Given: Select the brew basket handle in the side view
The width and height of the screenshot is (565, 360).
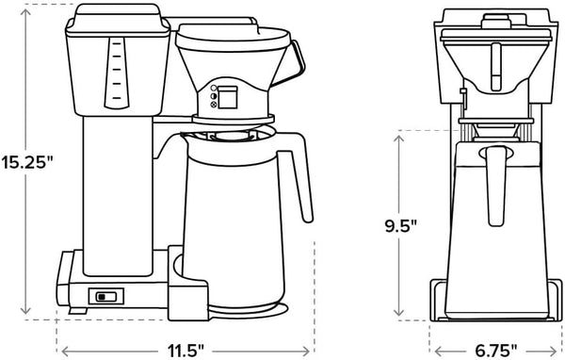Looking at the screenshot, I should coord(298,58).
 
